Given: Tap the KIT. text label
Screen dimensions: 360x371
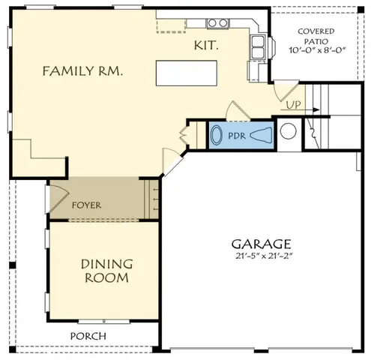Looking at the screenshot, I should pos(206,46).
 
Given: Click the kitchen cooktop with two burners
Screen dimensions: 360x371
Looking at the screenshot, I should pos(217,23).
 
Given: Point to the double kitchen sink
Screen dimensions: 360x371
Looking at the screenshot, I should pos(258,47).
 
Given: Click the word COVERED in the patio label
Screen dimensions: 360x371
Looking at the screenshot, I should pos(316,31).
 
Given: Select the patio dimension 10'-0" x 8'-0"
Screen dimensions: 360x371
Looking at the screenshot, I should pos(316,51).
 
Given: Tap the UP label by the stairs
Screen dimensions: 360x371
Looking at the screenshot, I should pos(293,104).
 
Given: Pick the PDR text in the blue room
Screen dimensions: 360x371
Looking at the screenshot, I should pos(237,136).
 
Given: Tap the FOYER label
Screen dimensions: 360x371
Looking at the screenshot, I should pos(86,205).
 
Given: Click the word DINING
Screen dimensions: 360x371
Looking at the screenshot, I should pos(106,264).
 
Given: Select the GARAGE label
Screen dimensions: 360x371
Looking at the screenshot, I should pos(261,244).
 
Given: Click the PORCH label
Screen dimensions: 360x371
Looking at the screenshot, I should pos(88,336).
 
